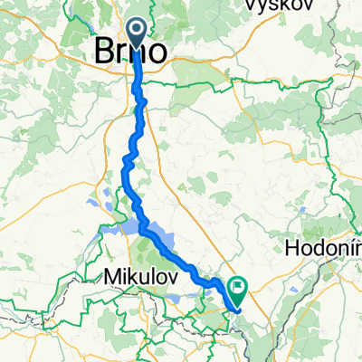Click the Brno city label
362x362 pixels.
coord(130,52)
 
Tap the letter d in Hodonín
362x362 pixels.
coord(323,247)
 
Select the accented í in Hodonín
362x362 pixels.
coord(347,246)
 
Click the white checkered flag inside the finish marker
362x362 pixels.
coord(240,286)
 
